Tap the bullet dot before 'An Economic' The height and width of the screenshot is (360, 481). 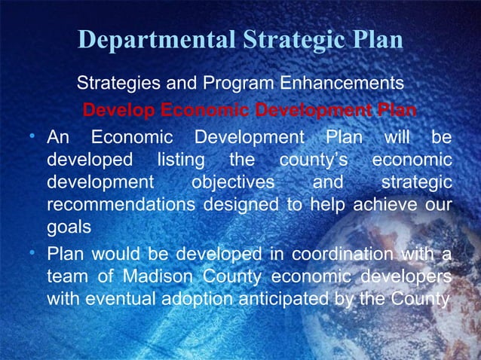[x=34, y=137]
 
